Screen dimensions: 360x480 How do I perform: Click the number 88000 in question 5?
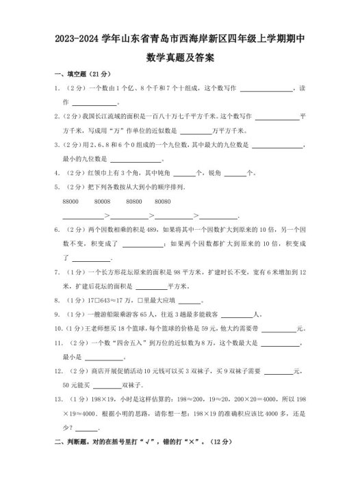click(x=70, y=202)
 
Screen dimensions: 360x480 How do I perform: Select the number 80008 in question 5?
click(x=103, y=202)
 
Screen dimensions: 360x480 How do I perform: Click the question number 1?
click(x=55, y=89)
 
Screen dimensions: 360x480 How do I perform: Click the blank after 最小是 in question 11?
click(x=103, y=358)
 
